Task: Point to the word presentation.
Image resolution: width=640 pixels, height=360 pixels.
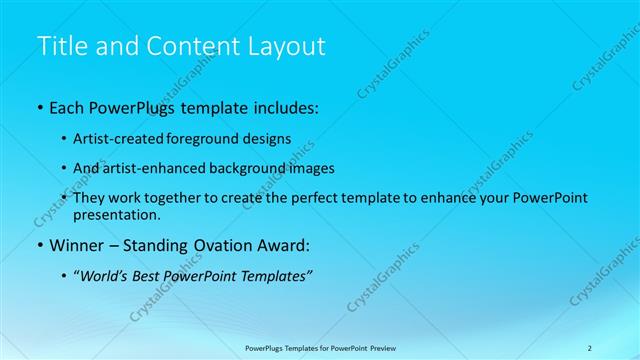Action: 116,214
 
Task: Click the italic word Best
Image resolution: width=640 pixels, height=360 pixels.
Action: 146,276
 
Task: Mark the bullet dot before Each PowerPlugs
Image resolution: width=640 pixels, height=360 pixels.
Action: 39,105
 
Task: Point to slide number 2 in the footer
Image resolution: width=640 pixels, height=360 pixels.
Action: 589,348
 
